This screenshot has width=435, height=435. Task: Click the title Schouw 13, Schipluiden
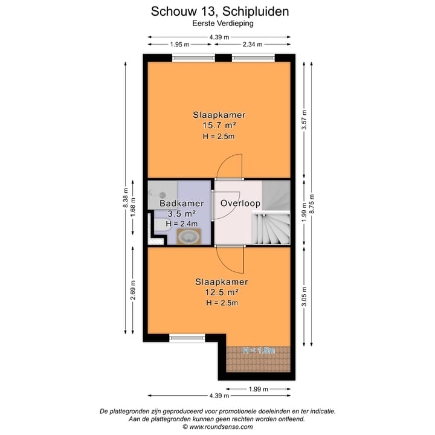point(219,11)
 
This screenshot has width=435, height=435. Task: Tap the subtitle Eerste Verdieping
point(219,24)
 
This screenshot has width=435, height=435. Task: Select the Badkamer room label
point(181,204)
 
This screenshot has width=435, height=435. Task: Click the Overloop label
point(240,204)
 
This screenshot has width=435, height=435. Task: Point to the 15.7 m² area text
point(219,126)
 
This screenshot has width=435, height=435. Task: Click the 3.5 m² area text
point(181,214)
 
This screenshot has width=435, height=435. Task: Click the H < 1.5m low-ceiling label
point(259,350)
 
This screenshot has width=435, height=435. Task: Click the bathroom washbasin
point(190,236)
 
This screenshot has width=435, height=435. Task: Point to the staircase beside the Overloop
point(271,224)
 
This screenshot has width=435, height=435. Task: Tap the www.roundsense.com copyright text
point(219,427)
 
